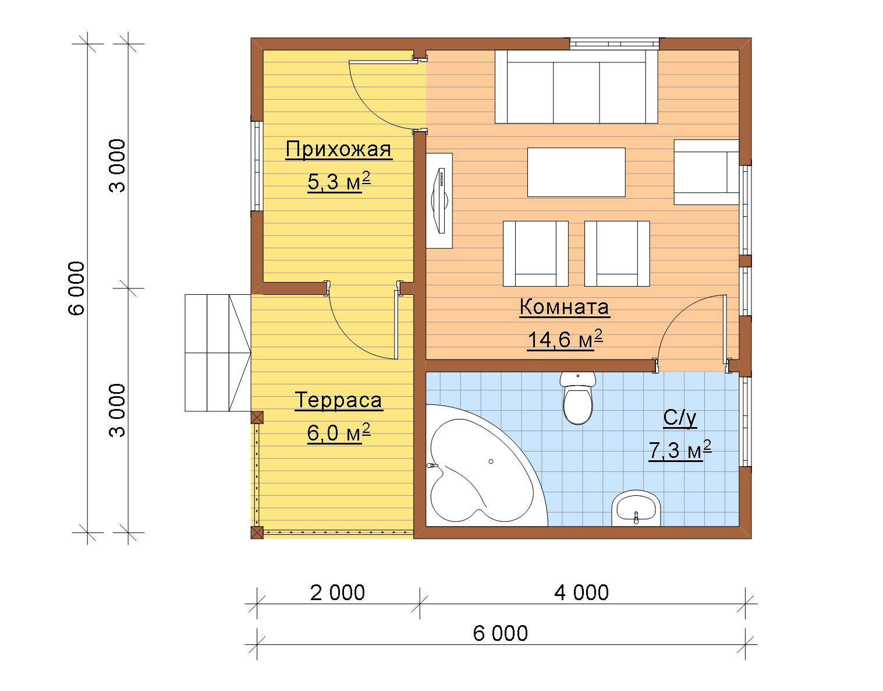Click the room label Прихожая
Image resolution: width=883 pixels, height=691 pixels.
coord(339,150)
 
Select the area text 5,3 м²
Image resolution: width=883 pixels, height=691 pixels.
coord(339,181)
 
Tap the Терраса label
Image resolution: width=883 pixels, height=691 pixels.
coord(339,400)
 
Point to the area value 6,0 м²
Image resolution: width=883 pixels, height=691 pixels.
coord(339,432)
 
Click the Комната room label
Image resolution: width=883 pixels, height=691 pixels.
coord(565,307)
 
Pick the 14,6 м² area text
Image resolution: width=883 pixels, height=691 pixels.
coord(565,339)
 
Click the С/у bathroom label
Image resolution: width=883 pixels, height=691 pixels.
coord(680,418)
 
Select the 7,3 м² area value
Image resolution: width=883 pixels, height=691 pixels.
coord(680,450)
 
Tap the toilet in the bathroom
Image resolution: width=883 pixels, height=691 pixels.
coord(577,398)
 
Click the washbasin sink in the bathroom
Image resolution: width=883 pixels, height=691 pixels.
coord(636,509)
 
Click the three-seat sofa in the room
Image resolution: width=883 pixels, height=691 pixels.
coord(576,87)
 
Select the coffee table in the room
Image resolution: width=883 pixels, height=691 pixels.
coord(576,172)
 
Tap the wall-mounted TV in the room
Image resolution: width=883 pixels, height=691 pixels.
coord(439,201)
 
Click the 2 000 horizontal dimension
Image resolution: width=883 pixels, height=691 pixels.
coord(338,593)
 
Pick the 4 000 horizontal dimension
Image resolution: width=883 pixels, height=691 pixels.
coord(581,593)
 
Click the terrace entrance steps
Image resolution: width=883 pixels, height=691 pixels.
coord(218,353)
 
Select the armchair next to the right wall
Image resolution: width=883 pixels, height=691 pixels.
coord(706,172)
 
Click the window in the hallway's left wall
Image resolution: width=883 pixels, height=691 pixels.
coord(257,166)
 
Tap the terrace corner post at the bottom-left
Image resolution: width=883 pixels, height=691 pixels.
coord(257,533)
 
